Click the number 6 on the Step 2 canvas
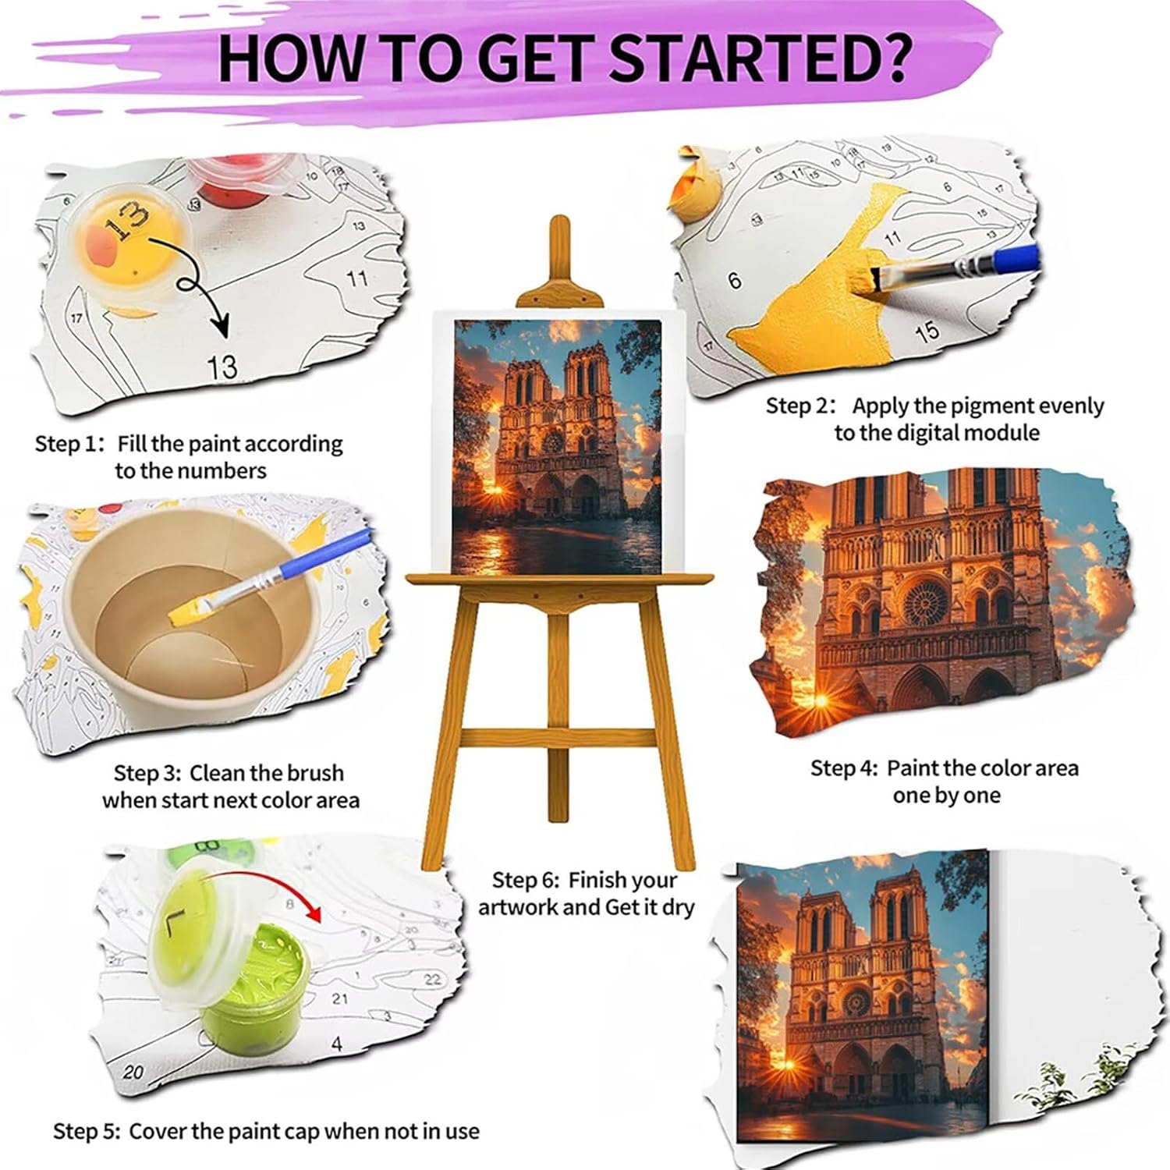pyautogui.click(x=735, y=280)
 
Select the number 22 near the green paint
pyautogui.click(x=431, y=979)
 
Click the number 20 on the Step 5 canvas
pyautogui.click(x=133, y=1072)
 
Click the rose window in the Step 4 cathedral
pyautogui.click(x=925, y=602)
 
